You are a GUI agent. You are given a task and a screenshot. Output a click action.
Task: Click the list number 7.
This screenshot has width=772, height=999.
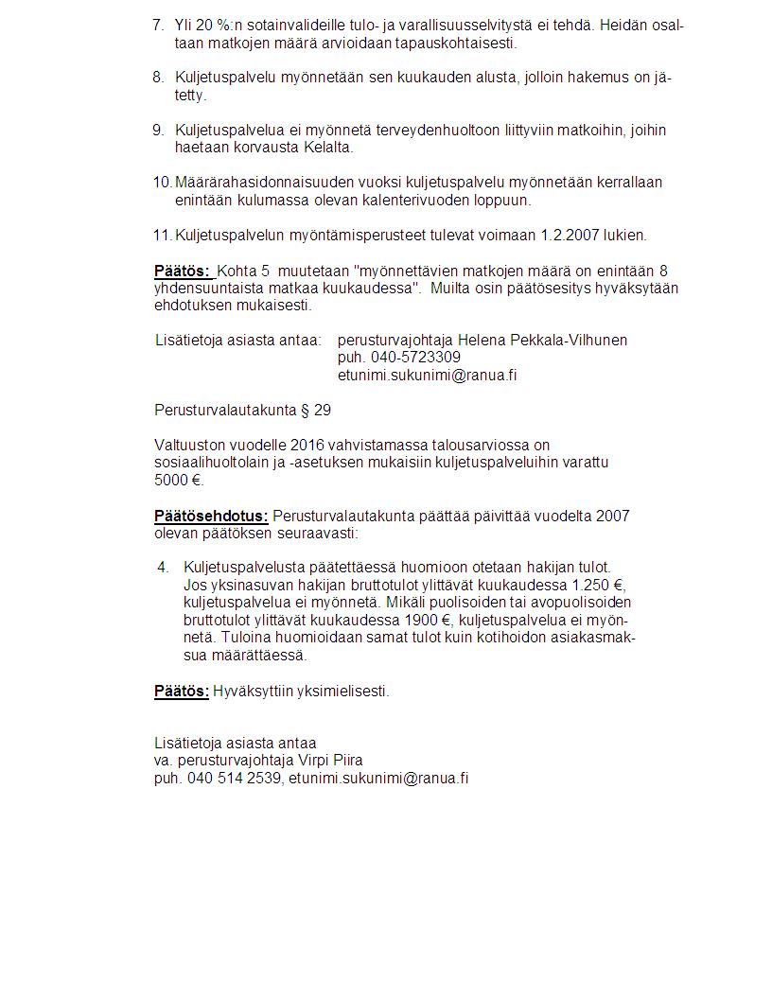click(158, 25)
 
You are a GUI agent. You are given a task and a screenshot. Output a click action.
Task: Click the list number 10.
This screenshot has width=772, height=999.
click(162, 182)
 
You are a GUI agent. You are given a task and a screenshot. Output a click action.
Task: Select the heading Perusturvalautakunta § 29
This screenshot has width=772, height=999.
click(242, 410)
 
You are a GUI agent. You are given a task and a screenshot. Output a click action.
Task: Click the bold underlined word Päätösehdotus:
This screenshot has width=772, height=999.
click(211, 516)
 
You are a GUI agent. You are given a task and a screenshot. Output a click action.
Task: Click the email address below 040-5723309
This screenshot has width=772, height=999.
click(427, 375)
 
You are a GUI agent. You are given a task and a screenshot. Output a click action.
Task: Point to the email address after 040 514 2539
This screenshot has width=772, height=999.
click(378, 778)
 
